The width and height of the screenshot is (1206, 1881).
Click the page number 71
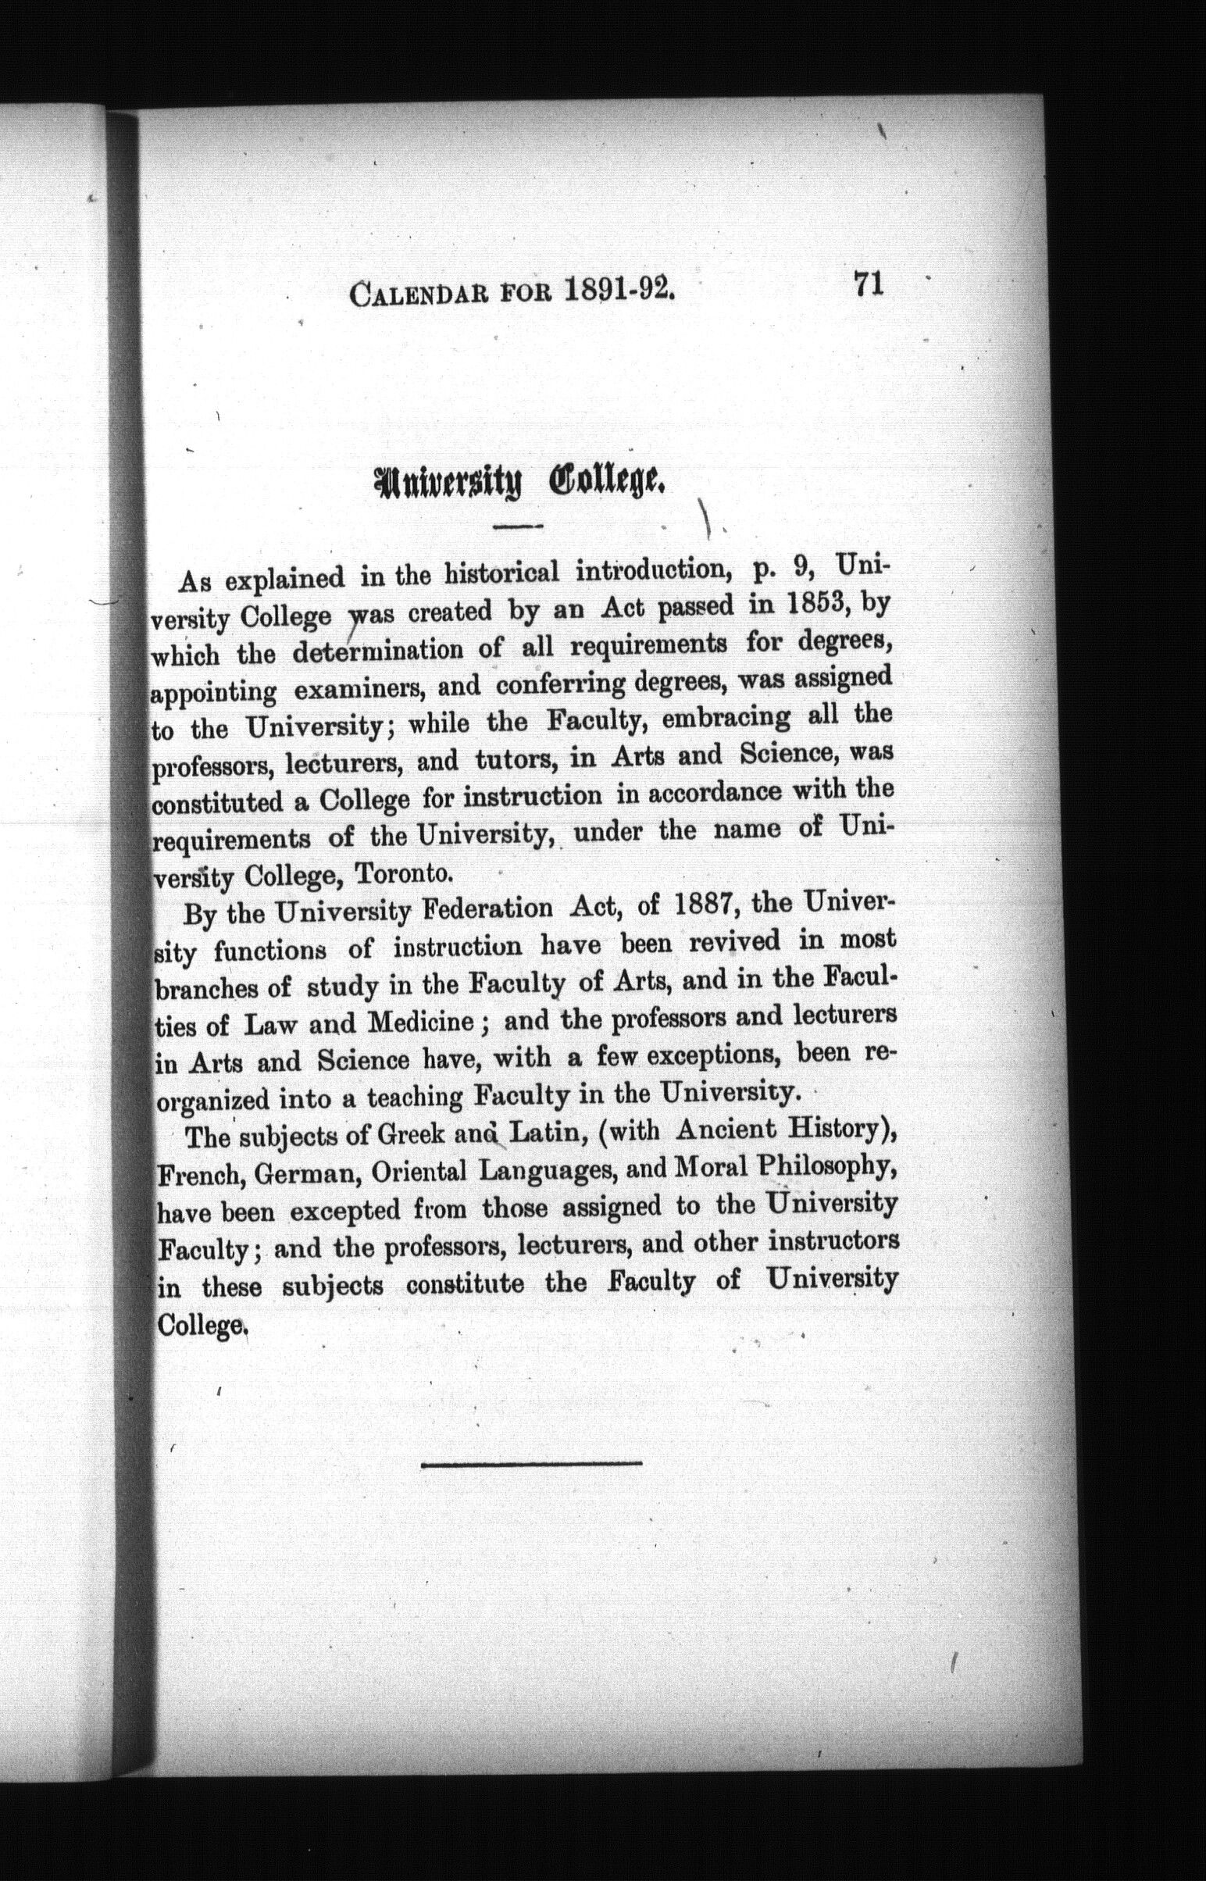coord(869,283)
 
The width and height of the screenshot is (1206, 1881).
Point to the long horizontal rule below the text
coord(532,1462)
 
